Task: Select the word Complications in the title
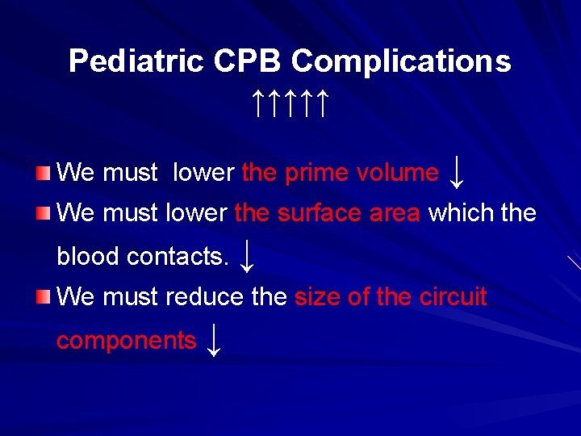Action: click(x=401, y=61)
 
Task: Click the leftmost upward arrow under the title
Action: click(x=256, y=103)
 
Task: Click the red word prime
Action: click(x=320, y=172)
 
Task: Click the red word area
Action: click(x=393, y=213)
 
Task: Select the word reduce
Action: click(x=206, y=297)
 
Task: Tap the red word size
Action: click(x=318, y=297)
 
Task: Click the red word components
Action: click(x=126, y=341)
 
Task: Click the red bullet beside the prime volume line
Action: click(x=43, y=172)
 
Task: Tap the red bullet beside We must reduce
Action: click(x=43, y=297)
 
